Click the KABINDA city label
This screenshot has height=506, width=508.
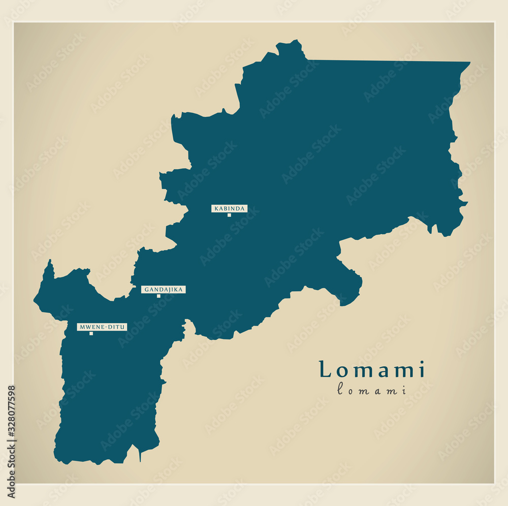(229, 208)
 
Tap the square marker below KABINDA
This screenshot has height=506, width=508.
(229, 215)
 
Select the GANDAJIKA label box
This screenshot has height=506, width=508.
(163, 290)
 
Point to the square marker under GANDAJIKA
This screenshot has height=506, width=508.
(158, 296)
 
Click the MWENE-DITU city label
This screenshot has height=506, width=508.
(102, 327)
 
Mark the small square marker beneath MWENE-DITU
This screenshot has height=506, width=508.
(91, 333)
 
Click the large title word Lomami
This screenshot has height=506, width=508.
(372, 370)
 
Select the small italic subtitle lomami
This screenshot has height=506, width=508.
(372, 390)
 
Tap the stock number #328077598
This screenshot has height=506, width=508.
(12, 412)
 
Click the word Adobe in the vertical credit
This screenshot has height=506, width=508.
(12, 487)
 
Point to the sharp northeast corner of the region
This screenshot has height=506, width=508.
(469, 63)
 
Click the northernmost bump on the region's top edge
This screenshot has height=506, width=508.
(292, 43)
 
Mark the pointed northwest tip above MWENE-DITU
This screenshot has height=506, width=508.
(49, 261)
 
